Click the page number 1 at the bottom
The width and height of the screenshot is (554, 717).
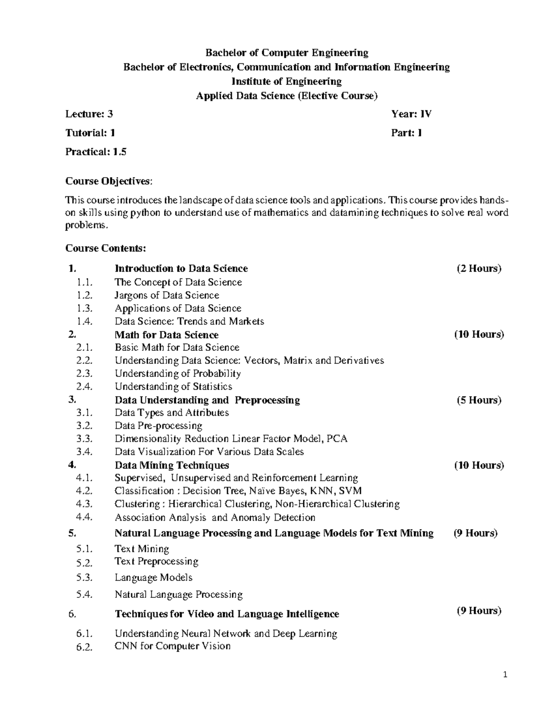506,675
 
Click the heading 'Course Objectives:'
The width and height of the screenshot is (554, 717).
108,181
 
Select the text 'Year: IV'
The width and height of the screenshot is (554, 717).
411,114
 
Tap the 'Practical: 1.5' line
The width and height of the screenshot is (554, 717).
96,152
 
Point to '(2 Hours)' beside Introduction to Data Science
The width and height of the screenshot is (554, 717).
479,269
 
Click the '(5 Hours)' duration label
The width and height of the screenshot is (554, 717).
479,400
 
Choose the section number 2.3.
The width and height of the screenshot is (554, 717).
85,374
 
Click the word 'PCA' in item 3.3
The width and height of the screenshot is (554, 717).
337,439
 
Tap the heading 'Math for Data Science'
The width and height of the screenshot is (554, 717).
166,335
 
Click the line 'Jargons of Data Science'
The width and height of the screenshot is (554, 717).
167,295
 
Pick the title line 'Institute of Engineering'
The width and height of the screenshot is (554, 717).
286,82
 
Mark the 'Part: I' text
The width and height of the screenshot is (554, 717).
406,133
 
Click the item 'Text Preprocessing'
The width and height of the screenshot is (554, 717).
157,561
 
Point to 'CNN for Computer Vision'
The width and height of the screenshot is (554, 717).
172,646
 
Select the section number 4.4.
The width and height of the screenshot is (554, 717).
85,518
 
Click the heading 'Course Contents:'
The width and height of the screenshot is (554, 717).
105,248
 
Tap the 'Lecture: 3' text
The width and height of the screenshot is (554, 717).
89,114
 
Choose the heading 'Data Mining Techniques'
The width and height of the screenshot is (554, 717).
172,465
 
